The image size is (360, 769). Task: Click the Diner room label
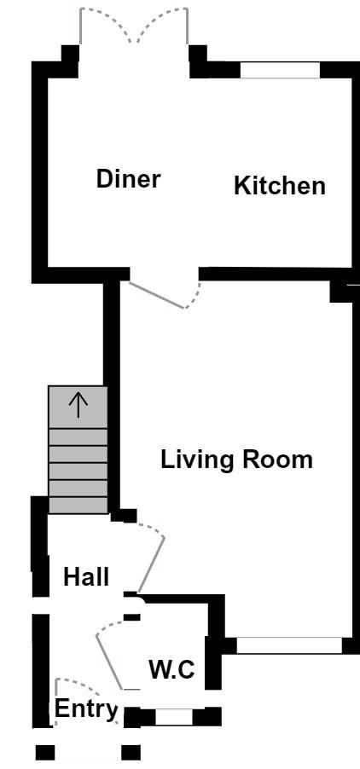(129, 179)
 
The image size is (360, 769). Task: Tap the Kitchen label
(280, 186)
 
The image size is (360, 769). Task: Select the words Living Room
(237, 460)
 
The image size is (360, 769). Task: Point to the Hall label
(86, 577)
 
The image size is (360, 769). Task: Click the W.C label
(171, 670)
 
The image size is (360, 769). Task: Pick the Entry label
(86, 709)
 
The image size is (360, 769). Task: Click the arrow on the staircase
(78, 405)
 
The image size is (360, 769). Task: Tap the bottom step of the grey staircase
(78, 506)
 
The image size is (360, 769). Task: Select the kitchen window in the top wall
(280, 70)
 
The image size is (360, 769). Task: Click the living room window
(289, 645)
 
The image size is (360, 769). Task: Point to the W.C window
(174, 716)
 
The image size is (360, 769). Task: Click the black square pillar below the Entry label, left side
(45, 752)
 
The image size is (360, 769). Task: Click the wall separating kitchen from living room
(276, 274)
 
